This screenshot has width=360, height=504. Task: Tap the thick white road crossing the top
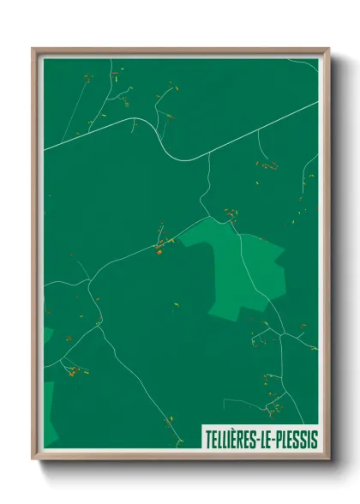[111, 124]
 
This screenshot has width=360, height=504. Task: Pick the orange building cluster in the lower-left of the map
[75, 371]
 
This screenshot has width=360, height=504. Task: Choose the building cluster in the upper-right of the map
[265, 164]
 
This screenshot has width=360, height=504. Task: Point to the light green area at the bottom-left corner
[50, 411]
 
